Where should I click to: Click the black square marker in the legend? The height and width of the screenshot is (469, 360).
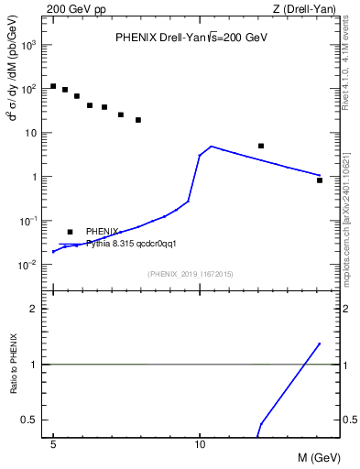pos(71,233)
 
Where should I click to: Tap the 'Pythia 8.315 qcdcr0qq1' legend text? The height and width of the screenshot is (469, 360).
pos(131,244)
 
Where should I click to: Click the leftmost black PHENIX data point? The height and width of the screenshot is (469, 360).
pos(54,86)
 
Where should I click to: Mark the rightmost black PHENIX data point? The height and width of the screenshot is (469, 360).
pos(320,180)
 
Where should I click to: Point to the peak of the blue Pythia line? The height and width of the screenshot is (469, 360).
pos(212,147)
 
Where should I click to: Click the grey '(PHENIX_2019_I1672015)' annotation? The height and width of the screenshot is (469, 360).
pos(191,274)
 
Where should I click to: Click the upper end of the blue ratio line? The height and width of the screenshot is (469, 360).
pos(320,344)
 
